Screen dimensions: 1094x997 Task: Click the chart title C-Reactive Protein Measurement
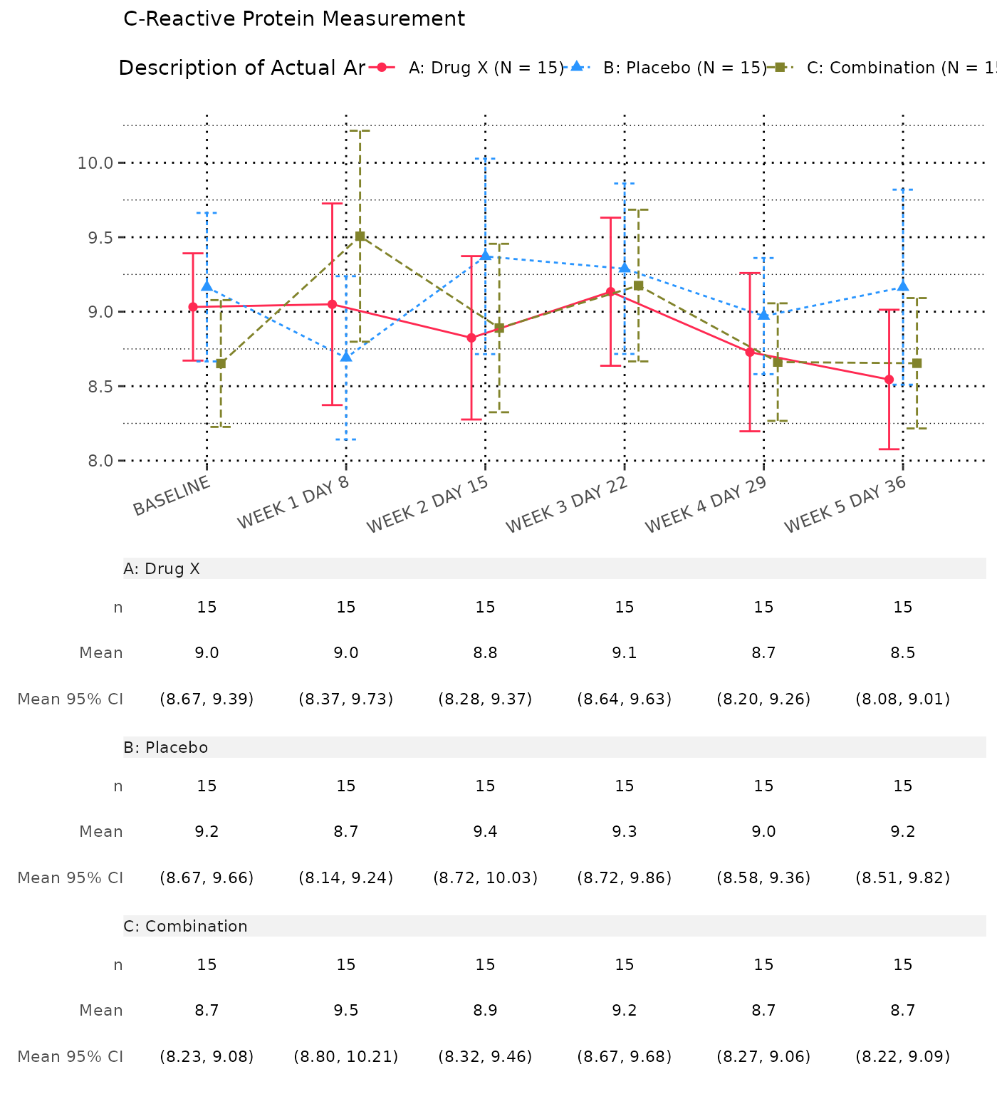click(294, 19)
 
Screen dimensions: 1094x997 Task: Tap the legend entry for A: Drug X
click(486, 68)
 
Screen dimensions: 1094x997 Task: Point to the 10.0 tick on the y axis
click(95, 163)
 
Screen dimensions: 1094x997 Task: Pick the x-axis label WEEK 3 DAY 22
click(567, 505)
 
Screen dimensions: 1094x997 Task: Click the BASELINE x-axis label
click(172, 496)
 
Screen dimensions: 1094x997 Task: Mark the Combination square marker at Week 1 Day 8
click(360, 236)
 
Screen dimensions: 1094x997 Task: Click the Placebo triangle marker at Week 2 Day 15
click(486, 255)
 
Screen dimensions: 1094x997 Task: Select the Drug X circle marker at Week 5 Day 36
click(889, 380)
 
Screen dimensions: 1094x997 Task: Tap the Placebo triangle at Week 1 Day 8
click(346, 356)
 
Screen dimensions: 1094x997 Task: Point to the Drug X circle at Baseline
click(193, 307)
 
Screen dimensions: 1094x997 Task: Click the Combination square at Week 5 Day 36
click(917, 363)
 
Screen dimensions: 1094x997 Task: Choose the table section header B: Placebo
click(166, 747)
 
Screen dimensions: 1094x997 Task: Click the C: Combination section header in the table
click(185, 926)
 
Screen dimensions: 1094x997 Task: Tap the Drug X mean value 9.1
click(625, 653)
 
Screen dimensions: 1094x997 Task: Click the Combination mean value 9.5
click(346, 1011)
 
